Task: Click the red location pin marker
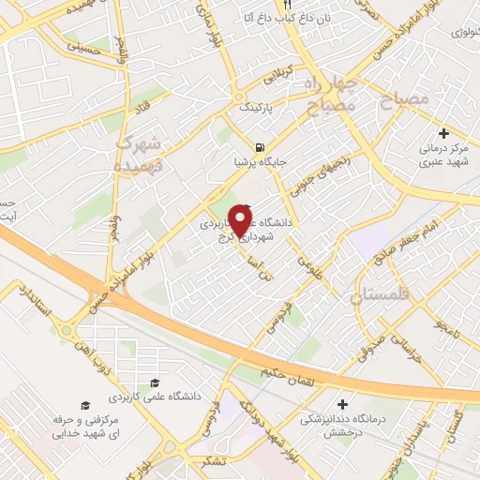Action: tap(241, 219)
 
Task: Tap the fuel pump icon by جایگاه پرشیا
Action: tap(259, 147)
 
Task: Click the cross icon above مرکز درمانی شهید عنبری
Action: tap(443, 134)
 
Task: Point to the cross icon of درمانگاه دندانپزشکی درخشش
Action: tap(342, 403)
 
